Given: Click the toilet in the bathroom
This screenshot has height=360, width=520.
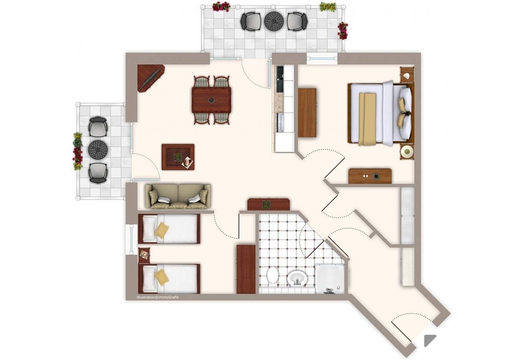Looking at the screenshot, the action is point(272,275).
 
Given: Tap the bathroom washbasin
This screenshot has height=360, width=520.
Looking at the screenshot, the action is point(297,278).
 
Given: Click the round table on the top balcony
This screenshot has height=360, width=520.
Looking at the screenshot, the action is point(274,21).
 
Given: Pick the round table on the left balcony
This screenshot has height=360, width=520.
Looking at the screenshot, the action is point(98,149).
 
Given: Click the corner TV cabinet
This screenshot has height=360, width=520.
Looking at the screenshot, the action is point(151,78).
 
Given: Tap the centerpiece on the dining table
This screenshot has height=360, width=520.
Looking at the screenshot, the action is point(211,100).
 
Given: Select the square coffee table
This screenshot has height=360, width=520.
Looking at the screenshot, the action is point(178,157).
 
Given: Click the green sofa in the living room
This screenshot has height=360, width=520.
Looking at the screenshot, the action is point(178,196).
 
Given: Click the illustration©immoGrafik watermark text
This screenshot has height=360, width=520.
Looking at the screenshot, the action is point(158,297).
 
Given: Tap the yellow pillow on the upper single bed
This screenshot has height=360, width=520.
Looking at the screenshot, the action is point(161,230).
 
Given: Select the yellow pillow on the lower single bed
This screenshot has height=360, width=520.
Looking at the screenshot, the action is point(161,277).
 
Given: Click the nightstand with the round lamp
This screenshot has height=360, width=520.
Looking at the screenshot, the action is point(407,152).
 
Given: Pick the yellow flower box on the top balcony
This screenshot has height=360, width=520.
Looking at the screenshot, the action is point(328,6).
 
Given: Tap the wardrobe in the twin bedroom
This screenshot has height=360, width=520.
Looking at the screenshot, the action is point(246,269).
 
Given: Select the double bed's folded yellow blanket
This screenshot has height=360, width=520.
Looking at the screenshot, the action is point(367,119).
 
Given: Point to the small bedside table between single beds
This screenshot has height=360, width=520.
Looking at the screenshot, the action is point(144,255).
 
